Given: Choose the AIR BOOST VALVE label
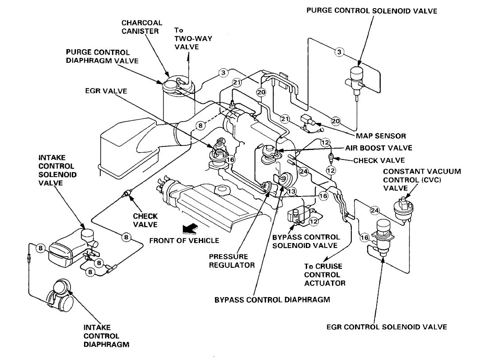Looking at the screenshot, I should (x=378, y=148).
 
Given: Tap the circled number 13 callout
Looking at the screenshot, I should (x=292, y=192).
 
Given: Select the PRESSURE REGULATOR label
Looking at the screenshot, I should (x=232, y=260).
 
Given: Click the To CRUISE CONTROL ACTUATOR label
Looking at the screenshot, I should (x=324, y=275).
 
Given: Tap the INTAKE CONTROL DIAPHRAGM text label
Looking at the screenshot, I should (x=102, y=336).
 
